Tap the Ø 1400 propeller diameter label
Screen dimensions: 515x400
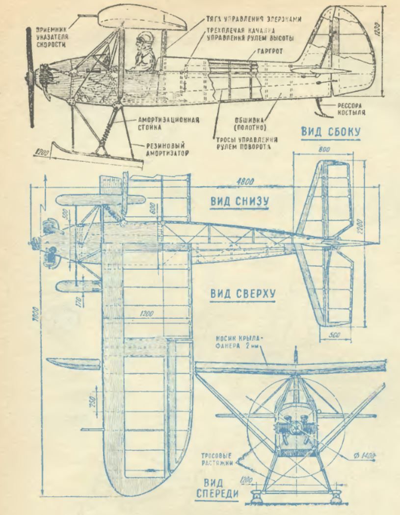[363, 456]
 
